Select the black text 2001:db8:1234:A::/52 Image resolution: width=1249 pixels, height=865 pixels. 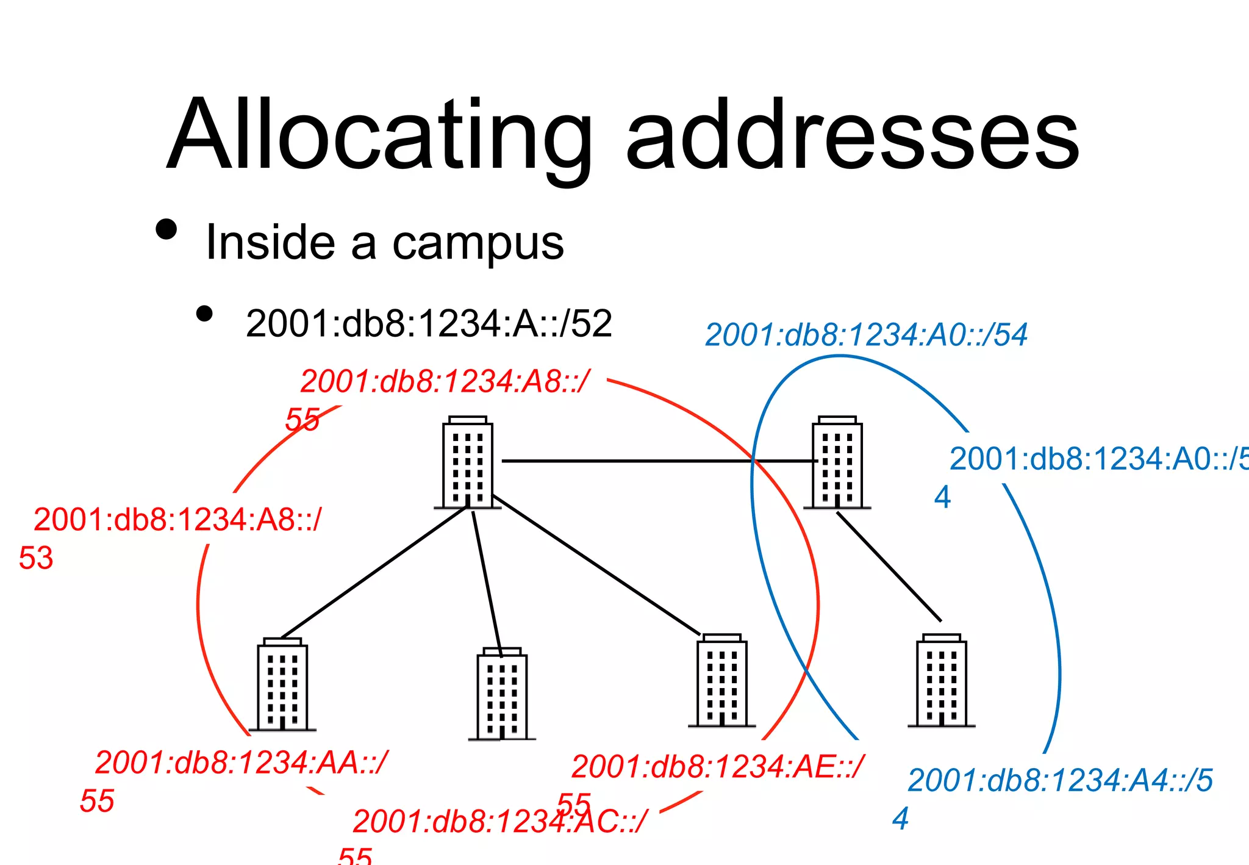pos(429,323)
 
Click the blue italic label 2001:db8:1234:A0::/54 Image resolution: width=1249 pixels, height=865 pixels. pos(866,335)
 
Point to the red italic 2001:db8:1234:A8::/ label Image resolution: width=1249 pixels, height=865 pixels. pos(445,382)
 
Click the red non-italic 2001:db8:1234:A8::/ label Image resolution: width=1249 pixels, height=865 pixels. pos(177,520)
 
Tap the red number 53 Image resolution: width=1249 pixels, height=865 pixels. pos(36,558)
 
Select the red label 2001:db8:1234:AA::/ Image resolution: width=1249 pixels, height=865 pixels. pos(242,763)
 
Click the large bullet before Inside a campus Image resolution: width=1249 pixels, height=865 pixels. pos(166,229)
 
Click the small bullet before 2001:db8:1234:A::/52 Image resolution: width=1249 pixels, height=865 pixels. pos(204,314)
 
